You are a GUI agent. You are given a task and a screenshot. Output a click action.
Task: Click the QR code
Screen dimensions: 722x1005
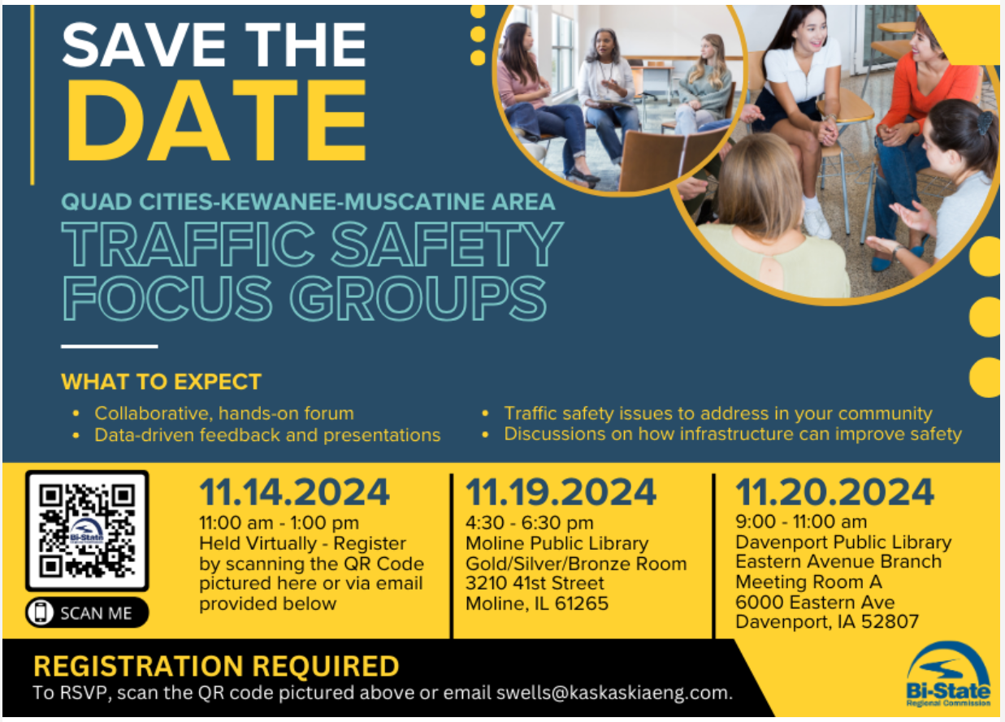[87, 530]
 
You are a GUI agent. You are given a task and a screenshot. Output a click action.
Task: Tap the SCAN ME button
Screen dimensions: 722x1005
[87, 612]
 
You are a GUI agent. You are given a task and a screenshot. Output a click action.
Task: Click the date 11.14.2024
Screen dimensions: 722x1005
[295, 492]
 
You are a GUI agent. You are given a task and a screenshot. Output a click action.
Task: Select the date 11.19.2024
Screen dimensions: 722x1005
[561, 492]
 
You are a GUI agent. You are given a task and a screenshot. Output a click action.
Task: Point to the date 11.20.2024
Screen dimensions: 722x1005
[834, 492]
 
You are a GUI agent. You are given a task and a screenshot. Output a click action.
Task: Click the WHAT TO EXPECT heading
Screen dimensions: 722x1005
[161, 382]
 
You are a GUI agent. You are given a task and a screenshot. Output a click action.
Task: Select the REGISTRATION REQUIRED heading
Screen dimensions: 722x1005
[216, 667]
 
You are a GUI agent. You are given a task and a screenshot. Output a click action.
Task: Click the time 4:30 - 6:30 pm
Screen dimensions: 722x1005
[529, 523]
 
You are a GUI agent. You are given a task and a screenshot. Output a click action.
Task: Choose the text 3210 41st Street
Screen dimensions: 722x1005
[535, 583]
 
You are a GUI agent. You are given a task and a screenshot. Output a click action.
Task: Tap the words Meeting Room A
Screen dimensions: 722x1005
[808, 581]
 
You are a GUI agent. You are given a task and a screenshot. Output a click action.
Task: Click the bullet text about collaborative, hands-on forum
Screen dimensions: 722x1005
[223, 413]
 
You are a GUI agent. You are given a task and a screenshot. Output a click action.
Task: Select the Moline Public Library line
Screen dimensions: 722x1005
[557, 543]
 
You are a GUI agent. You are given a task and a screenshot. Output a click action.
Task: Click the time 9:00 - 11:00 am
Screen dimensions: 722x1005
[801, 521]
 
